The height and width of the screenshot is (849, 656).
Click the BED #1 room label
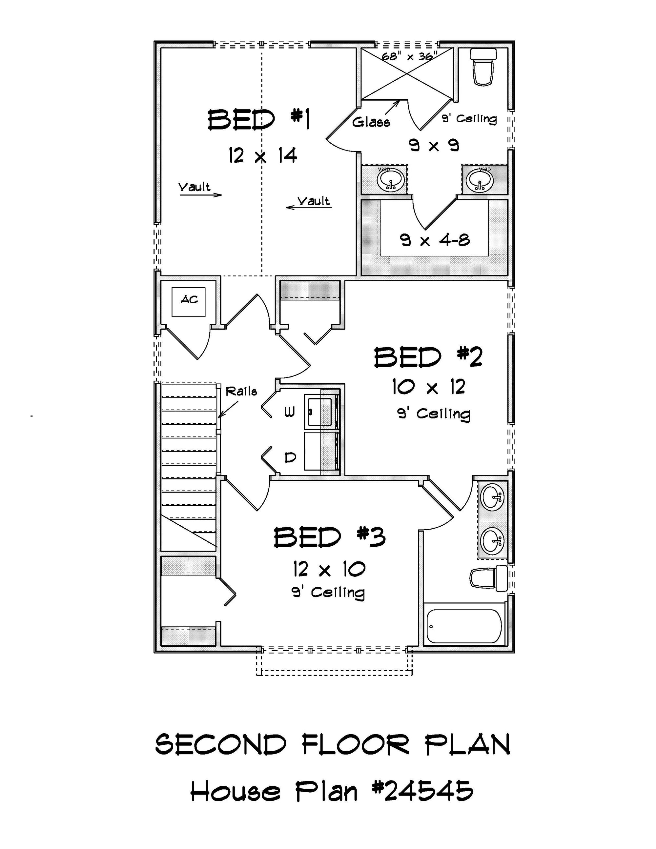click(x=258, y=120)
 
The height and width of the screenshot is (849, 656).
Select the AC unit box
click(x=189, y=302)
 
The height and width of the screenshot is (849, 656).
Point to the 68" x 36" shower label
click(x=409, y=56)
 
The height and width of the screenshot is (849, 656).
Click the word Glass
click(x=371, y=122)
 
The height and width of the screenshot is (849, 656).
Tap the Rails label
click(x=241, y=391)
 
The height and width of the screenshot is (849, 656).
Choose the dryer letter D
click(x=290, y=457)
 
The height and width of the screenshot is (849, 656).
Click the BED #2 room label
click(x=428, y=358)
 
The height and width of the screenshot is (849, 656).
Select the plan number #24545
click(x=422, y=790)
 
